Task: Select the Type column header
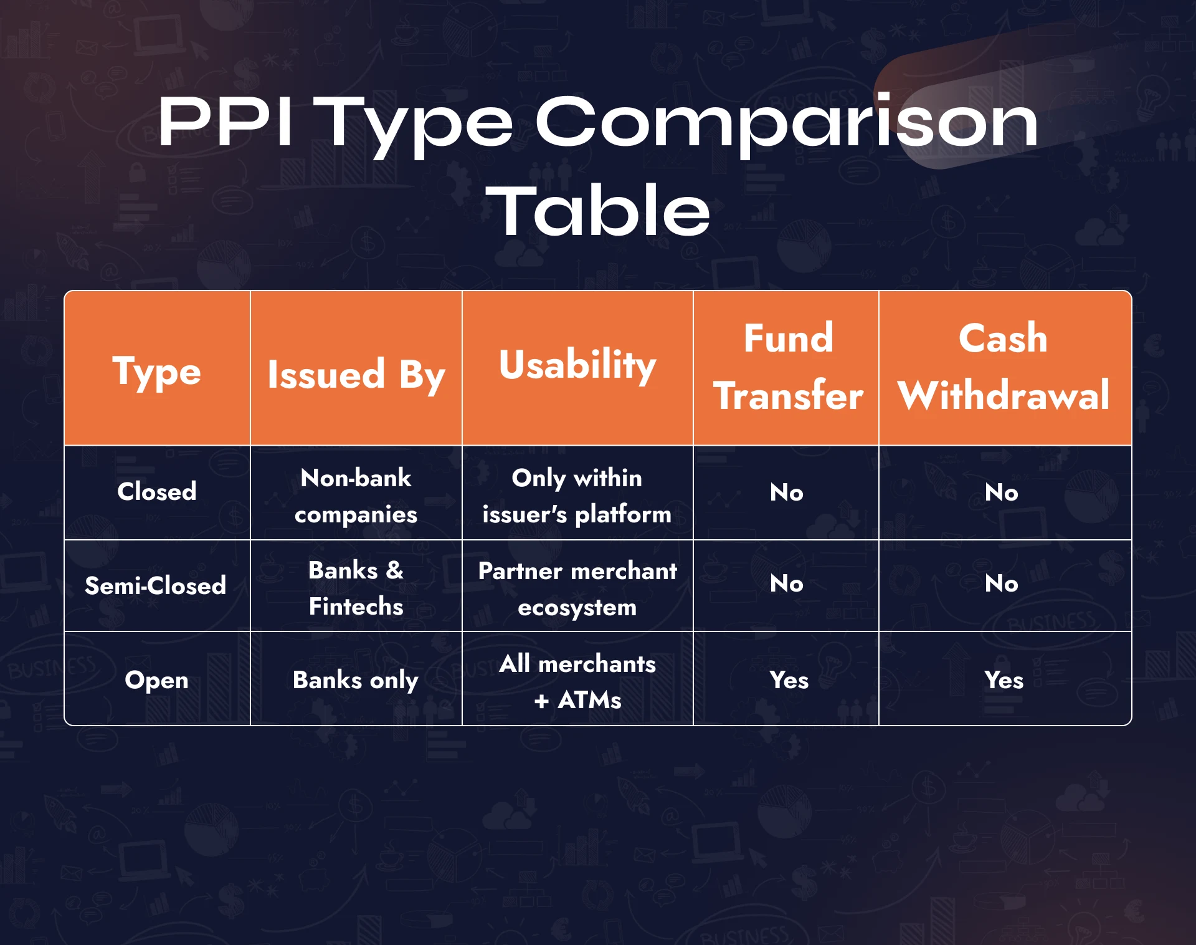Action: [157, 372]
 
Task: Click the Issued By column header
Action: [356, 375]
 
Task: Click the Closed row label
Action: [157, 492]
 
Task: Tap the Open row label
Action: [157, 680]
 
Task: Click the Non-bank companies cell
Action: [356, 496]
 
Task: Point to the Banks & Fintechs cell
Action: [356, 588]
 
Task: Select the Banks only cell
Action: [356, 680]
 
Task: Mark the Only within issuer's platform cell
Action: [577, 496]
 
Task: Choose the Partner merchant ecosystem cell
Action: [577, 588]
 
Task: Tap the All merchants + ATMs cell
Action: [577, 681]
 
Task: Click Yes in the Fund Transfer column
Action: [789, 680]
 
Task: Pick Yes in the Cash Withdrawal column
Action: [1004, 680]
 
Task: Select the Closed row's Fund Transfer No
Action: [787, 492]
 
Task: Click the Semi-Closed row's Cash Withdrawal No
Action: [1002, 584]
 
